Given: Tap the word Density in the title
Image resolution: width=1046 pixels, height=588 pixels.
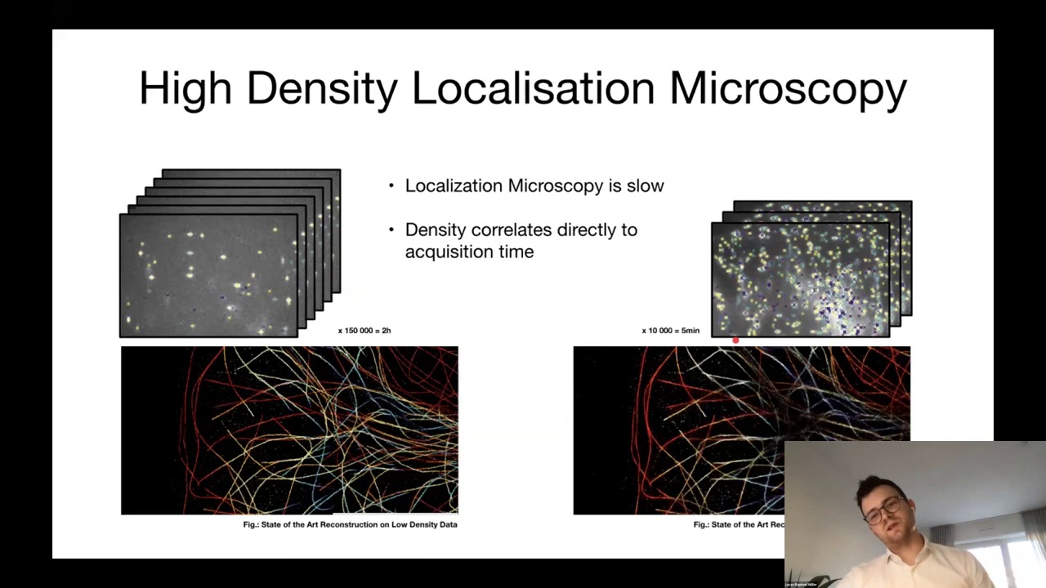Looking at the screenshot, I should click(x=321, y=88).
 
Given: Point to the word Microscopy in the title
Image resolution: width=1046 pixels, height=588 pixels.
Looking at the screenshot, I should click(x=788, y=88).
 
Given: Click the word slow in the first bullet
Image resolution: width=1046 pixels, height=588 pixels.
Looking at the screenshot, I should click(x=646, y=186).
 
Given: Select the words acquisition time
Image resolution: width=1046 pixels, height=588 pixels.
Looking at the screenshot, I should click(x=469, y=252).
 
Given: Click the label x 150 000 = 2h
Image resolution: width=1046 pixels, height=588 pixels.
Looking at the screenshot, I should click(x=364, y=331).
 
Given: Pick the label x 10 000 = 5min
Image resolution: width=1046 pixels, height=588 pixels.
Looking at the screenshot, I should click(x=670, y=331).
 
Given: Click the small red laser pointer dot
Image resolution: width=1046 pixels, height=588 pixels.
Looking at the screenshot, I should click(x=735, y=341).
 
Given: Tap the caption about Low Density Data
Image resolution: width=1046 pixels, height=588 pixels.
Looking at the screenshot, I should click(x=350, y=524).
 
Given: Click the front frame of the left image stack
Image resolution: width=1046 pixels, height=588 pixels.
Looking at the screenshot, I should click(x=208, y=275).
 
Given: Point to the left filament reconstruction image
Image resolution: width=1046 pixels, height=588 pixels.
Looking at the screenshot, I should click(x=289, y=430).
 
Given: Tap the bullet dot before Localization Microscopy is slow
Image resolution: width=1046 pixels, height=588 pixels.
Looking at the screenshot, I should click(x=391, y=186).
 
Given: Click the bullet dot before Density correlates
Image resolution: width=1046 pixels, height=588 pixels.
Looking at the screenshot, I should click(x=391, y=230).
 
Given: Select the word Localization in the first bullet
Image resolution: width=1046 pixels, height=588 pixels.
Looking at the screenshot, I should click(x=454, y=186).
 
